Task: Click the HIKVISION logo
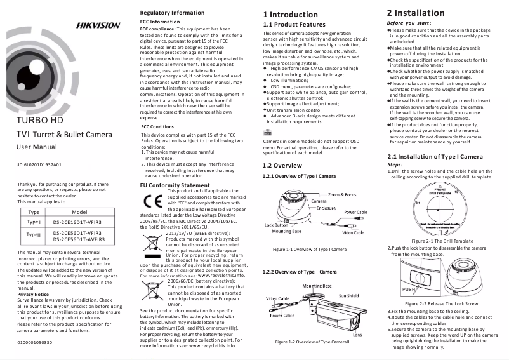pos(98,25)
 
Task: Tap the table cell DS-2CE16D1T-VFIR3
pos(77,223)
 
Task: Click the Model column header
pos(79,212)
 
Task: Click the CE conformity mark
pos(152,203)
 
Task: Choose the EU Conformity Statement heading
pos(174,185)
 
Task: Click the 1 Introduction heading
pos(290,14)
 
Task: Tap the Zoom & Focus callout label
pos(342,194)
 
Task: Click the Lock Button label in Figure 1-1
pos(277,225)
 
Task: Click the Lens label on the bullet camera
pos(357,334)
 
